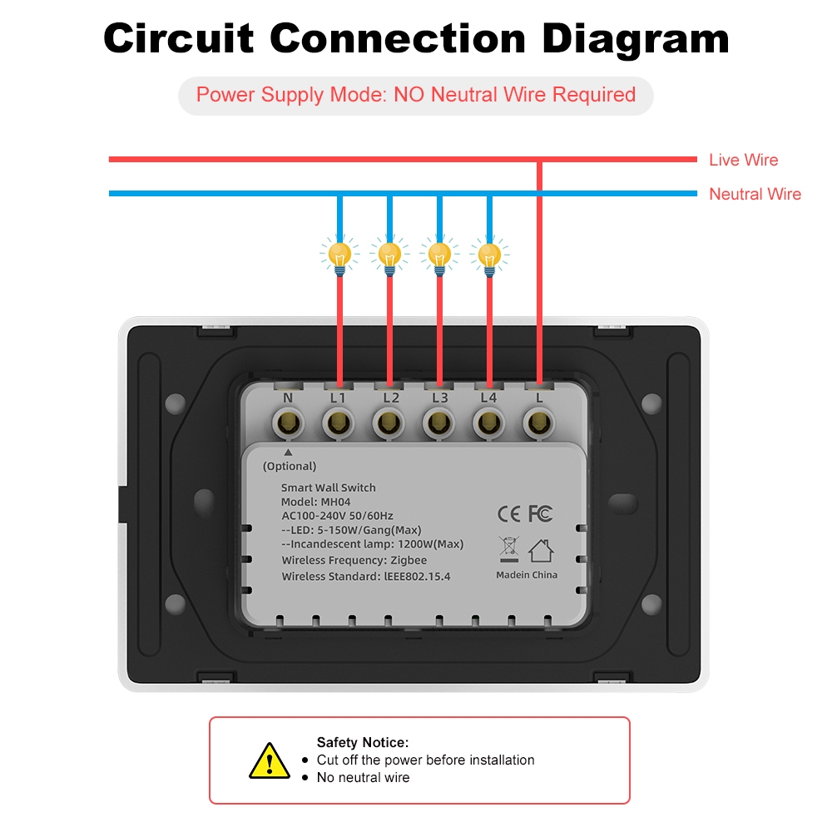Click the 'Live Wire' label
pyautogui.click(x=743, y=160)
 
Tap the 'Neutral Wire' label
pyautogui.click(x=755, y=194)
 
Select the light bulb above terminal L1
pyautogui.click(x=339, y=256)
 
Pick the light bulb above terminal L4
pyautogui.click(x=489, y=256)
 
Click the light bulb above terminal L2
pyautogui.click(x=389, y=256)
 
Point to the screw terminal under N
pyautogui.click(x=288, y=424)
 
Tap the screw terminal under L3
pyautogui.click(x=438, y=424)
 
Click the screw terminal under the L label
pyautogui.click(x=539, y=424)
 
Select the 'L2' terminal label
pyautogui.click(x=391, y=398)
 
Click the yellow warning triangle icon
pyautogui.click(x=270, y=761)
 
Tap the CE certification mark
pyautogui.click(x=509, y=513)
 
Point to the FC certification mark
pyautogui.click(x=541, y=513)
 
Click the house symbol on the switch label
pyautogui.click(x=542, y=551)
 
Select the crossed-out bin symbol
pyautogui.click(x=509, y=549)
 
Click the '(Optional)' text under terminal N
pyautogui.click(x=290, y=466)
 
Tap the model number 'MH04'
pyautogui.click(x=335, y=502)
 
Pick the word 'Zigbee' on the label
pyautogui.click(x=409, y=560)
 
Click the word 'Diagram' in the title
pyautogui.click(x=636, y=39)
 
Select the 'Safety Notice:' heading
pyautogui.click(x=363, y=742)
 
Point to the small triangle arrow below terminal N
pyautogui.click(x=288, y=453)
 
